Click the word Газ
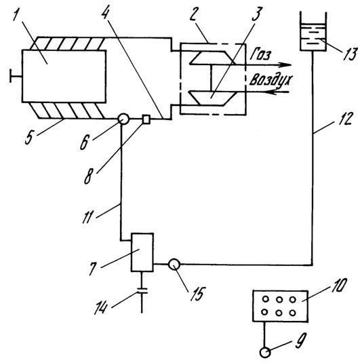point(260,55)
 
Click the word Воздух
point(271,80)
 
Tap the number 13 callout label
point(350,54)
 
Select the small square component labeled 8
point(146,119)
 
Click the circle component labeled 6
point(123,119)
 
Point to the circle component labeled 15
point(174,264)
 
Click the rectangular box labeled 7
point(142,252)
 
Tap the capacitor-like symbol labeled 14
point(142,291)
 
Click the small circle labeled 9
point(265,353)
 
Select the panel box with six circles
point(281,306)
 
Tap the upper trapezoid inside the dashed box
point(212,58)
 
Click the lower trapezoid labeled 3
point(213,98)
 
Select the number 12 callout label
point(346,119)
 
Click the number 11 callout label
point(88,217)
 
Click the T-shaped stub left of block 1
point(16,76)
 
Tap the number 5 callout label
point(30,138)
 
